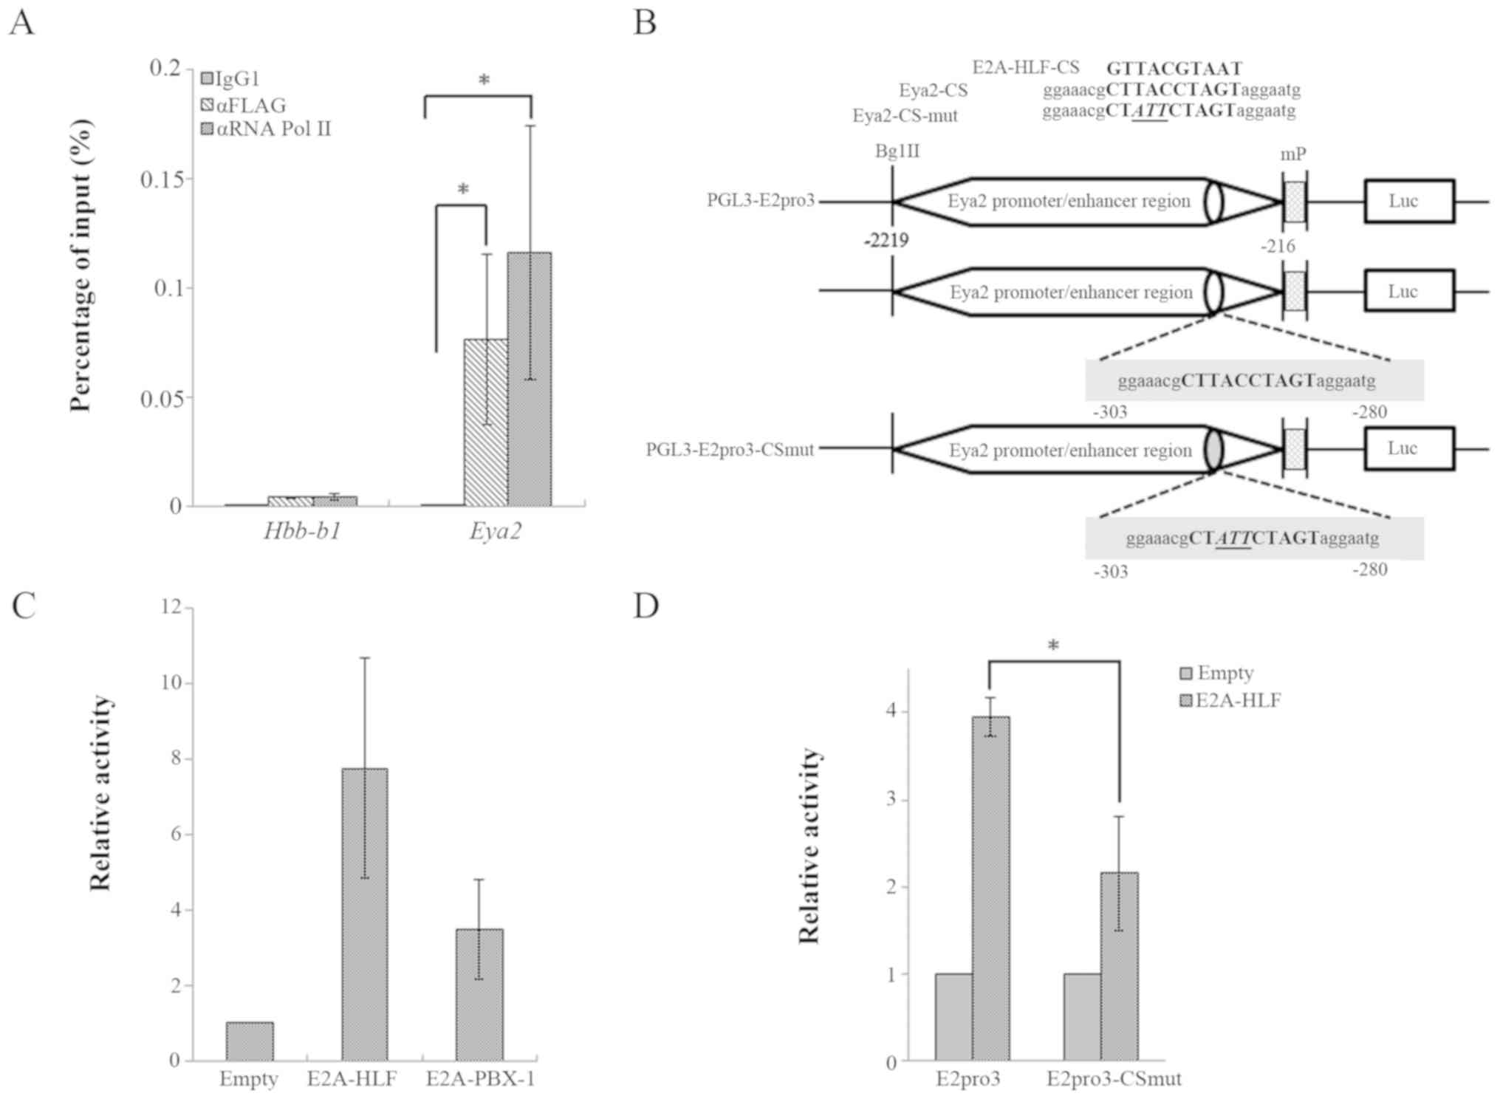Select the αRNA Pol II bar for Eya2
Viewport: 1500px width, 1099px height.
(x=529, y=380)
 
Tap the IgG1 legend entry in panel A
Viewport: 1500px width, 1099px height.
(x=230, y=78)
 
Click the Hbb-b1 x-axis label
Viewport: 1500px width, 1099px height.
(x=302, y=531)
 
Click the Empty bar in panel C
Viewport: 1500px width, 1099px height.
(x=250, y=1041)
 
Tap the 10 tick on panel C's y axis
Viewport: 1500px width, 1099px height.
(x=171, y=682)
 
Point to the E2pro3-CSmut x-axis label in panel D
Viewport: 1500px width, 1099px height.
(x=1113, y=1079)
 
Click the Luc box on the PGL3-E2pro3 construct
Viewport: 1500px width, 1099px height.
(x=1408, y=201)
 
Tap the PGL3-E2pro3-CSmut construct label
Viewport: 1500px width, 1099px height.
(x=730, y=450)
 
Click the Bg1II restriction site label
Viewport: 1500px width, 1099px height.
(x=897, y=151)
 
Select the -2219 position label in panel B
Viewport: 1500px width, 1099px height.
(x=886, y=241)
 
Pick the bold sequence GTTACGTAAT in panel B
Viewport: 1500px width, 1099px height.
(x=1174, y=69)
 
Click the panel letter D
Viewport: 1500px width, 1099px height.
(x=645, y=606)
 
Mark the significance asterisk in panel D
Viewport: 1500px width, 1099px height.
(x=1053, y=646)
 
